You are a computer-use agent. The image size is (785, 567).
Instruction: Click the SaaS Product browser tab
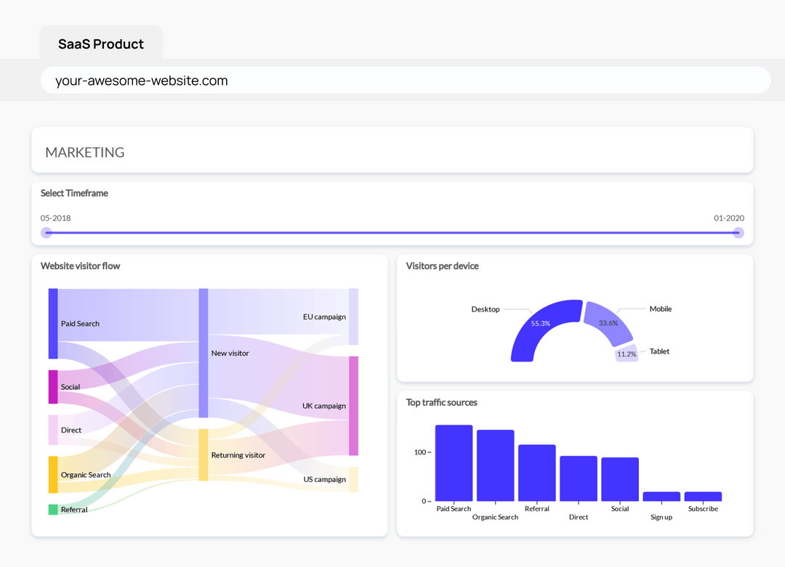(101, 44)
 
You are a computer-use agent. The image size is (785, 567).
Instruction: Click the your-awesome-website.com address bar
(405, 81)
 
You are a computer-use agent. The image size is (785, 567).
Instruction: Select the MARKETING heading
(85, 152)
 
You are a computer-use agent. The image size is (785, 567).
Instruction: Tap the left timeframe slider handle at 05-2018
(47, 233)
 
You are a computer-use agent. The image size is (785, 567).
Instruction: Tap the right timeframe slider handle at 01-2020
(738, 233)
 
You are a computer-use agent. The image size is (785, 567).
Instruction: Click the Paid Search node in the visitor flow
(53, 323)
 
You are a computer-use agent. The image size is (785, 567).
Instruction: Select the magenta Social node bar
(53, 387)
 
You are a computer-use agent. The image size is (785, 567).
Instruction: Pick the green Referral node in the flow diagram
(53, 510)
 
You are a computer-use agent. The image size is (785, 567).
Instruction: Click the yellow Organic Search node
(53, 475)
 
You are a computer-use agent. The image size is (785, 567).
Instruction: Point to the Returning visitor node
(204, 455)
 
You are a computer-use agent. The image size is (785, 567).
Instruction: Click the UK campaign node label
(324, 406)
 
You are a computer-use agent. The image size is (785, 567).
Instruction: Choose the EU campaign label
(324, 317)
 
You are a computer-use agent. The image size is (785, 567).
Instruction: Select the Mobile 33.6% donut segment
(609, 322)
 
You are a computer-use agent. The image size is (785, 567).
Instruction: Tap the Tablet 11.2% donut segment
(627, 354)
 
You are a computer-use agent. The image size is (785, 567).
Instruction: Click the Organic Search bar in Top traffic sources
(495, 465)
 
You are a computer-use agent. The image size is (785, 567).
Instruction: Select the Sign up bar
(661, 497)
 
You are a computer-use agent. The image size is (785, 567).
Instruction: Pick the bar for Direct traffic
(579, 478)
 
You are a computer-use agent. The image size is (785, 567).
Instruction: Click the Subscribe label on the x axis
(703, 509)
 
